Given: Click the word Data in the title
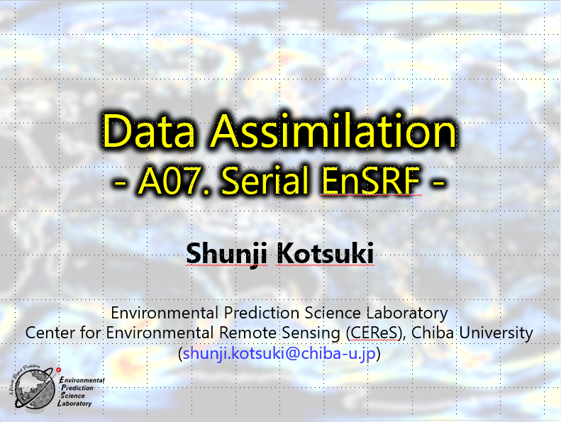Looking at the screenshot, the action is tap(148, 131).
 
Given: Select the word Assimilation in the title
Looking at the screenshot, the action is tap(333, 131).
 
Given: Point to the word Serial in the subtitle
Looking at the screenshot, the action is tap(265, 180).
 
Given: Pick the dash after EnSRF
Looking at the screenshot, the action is tap(438, 182).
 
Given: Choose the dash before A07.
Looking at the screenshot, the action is tap(120, 182).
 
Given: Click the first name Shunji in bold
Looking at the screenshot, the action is tap(226, 254).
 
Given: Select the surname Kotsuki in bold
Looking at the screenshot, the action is tap(325, 253).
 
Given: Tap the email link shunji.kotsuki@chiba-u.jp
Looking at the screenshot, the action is tap(279, 354).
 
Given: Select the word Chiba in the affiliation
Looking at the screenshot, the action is tap(433, 332).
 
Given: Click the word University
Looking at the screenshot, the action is tap(496, 333).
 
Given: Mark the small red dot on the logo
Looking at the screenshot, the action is tap(59, 370).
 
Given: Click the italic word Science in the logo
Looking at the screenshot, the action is tap(72, 396).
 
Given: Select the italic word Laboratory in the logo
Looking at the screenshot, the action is tap(74, 404).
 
